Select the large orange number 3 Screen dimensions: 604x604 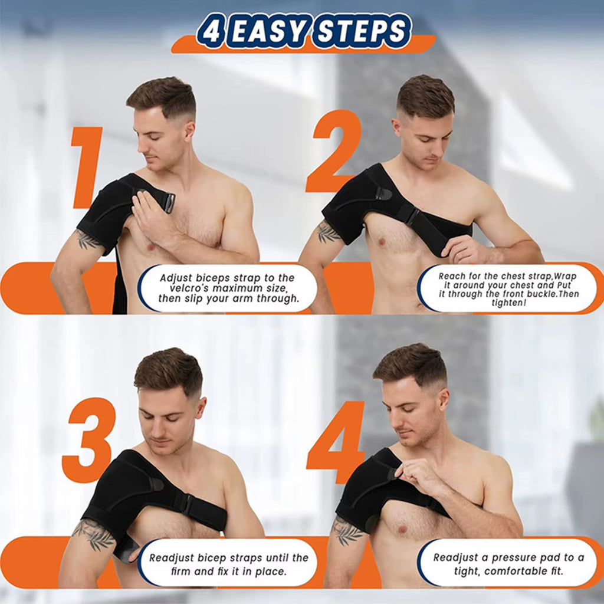coord(88,439)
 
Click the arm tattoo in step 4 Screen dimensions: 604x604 coord(347,531)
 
